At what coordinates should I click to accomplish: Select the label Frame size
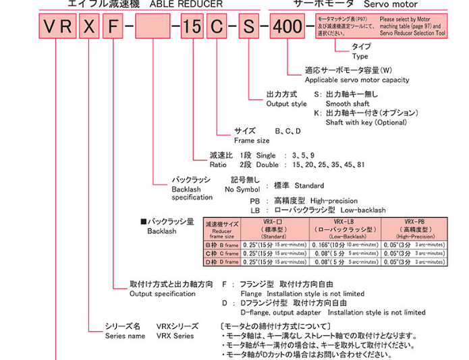coord(252,140)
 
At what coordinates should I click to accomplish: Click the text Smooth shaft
coord(347,104)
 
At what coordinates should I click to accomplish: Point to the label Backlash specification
coord(192,193)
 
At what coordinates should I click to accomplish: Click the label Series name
coord(123,335)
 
